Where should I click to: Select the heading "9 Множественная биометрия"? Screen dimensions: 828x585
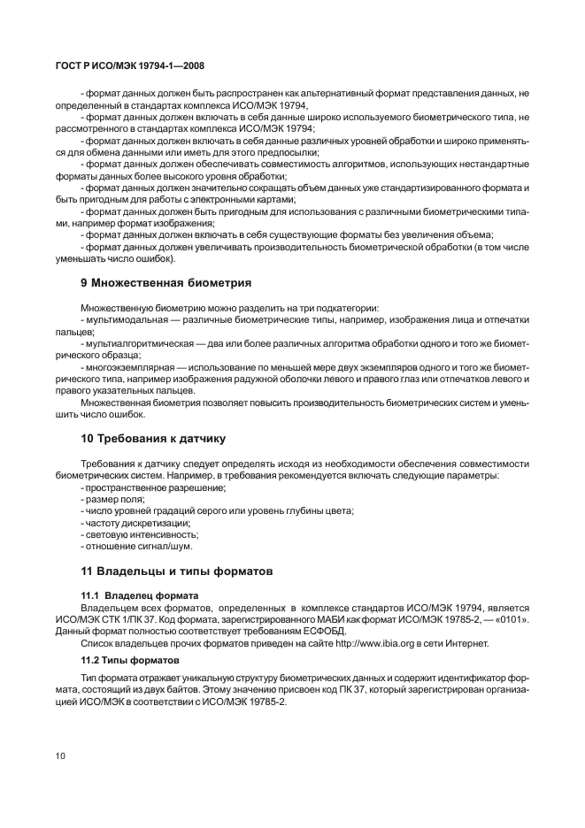pyautogui.click(x=165, y=284)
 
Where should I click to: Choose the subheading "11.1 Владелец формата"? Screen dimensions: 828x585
pyautogui.click(x=139, y=594)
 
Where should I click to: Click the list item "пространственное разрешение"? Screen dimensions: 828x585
pyautogui.click(x=154, y=487)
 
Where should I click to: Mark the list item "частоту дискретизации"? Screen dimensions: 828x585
pyautogui.click(x=137, y=522)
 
